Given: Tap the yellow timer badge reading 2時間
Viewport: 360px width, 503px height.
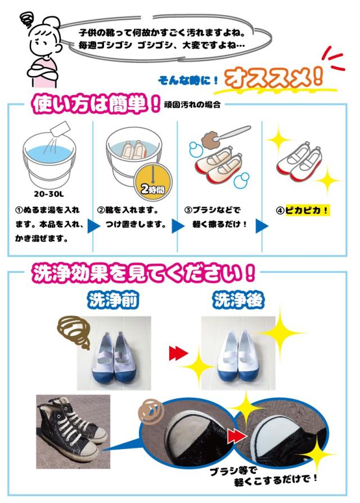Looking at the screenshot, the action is [x=153, y=183].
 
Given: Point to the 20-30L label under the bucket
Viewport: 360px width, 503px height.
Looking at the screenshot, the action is [x=49, y=194].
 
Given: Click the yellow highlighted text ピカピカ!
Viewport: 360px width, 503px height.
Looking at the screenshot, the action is [x=307, y=210].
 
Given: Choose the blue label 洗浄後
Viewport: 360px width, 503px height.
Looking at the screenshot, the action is [x=238, y=300].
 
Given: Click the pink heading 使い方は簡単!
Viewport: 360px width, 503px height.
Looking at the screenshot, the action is [x=96, y=104].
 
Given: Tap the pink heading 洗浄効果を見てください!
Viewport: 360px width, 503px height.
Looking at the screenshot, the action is [x=143, y=273].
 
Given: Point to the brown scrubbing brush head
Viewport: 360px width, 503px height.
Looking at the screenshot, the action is [x=210, y=141].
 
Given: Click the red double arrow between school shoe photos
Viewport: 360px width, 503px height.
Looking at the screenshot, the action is [x=178, y=353].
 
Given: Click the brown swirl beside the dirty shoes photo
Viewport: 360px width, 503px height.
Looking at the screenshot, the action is [x=74, y=331].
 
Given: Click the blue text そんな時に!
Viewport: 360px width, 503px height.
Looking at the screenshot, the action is [x=188, y=80].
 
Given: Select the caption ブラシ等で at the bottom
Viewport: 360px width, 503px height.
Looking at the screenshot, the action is [x=233, y=471].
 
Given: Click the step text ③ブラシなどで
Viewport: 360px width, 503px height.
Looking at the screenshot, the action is [x=212, y=210].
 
